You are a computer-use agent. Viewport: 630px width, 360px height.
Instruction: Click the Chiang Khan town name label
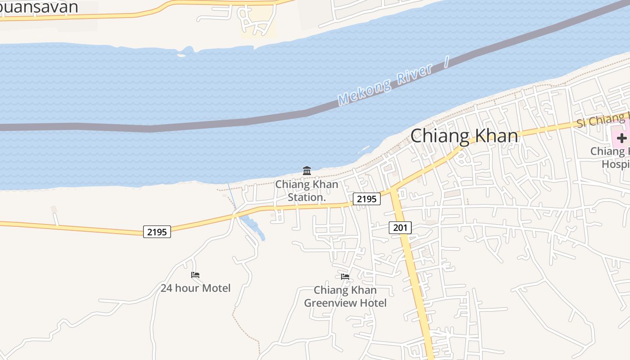[464, 135]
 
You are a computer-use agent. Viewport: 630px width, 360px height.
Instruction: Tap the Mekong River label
[385, 85]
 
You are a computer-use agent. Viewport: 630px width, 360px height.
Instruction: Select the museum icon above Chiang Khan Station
[307, 171]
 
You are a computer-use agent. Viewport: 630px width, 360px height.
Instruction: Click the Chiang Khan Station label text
[306, 191]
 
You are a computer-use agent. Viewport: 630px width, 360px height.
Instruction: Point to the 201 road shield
[400, 228]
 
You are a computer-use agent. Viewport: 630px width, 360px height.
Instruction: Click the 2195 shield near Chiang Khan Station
[366, 198]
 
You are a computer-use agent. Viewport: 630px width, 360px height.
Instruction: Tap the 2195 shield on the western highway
[157, 232]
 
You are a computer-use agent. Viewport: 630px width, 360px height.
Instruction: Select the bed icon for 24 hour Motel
[195, 275]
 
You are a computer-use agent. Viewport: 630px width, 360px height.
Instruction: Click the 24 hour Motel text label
[195, 288]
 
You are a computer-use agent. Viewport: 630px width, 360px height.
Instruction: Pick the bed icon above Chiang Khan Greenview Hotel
[345, 276]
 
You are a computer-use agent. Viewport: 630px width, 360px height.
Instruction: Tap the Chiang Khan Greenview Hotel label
[345, 297]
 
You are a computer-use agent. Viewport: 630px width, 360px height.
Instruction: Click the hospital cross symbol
[621, 138]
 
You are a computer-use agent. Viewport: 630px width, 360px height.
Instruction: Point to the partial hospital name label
[611, 157]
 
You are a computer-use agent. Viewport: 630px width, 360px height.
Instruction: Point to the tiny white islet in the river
[181, 55]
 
